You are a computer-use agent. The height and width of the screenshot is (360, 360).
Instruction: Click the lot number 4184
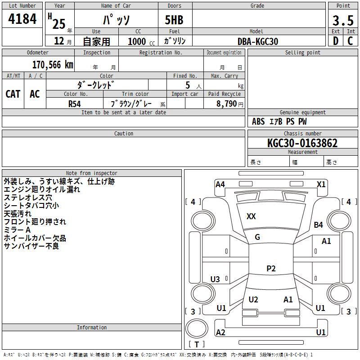22,18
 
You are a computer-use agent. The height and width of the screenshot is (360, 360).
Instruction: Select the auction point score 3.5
343,20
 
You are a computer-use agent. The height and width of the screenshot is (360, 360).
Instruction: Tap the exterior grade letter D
336,41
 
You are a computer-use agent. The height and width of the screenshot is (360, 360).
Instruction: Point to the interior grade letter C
350,41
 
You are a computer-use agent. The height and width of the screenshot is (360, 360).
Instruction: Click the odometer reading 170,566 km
53,65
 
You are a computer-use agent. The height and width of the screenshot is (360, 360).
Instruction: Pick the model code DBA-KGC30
258,41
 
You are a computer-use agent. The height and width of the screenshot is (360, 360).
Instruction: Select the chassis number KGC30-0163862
302,143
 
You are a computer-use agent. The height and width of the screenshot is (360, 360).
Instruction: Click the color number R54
75,104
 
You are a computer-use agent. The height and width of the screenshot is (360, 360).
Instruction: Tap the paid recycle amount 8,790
227,103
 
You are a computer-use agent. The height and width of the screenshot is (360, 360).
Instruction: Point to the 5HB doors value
174,20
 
